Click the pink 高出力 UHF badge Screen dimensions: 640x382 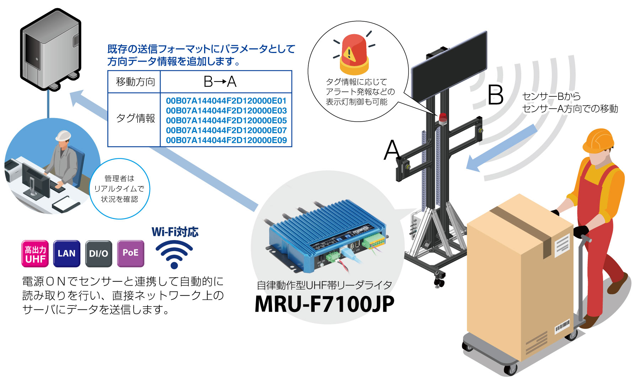click(x=35, y=254)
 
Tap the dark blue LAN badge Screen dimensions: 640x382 click(x=66, y=254)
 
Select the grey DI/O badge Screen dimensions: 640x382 click(x=98, y=254)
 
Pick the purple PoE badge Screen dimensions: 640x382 click(x=130, y=254)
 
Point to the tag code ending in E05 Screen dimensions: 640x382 click(x=226, y=121)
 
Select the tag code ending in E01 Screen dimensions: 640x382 click(x=226, y=101)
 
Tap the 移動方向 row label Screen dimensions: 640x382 click(x=135, y=82)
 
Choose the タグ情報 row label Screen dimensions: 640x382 click(x=135, y=118)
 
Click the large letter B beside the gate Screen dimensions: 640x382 click(x=495, y=95)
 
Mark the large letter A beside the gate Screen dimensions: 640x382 click(x=392, y=149)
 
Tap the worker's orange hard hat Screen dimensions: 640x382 click(x=598, y=140)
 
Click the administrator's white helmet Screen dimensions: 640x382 click(x=63, y=136)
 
